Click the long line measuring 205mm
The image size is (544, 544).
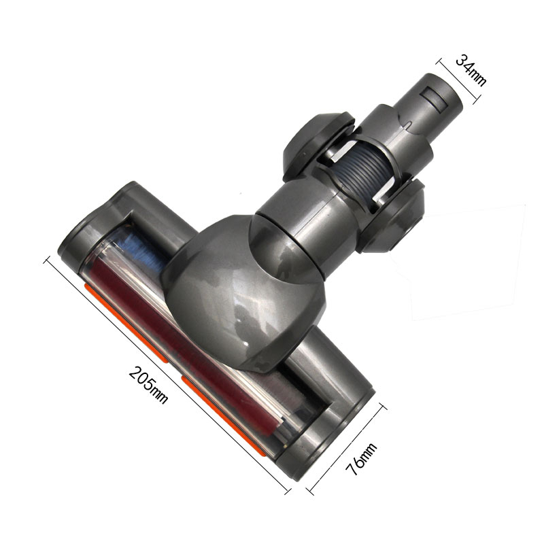click(163, 371)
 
